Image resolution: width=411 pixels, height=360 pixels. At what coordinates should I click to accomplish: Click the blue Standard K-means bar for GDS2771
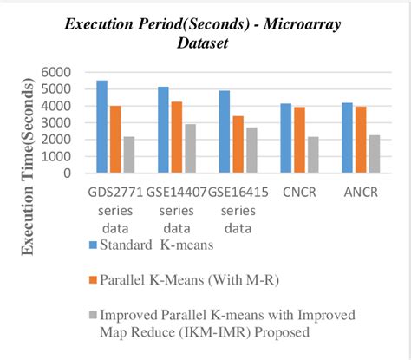click(101, 127)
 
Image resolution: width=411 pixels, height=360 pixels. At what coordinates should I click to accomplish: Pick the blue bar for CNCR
click(285, 138)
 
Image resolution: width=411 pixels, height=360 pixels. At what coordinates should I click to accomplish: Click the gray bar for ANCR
click(374, 154)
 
